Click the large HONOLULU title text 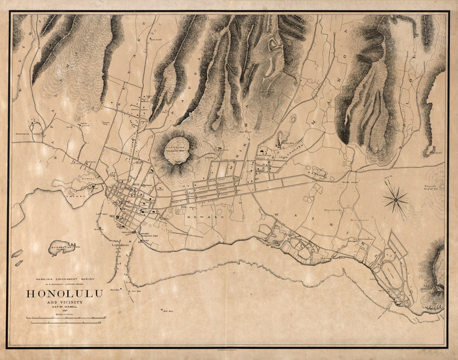(x=65, y=293)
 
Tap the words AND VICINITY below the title (x=65, y=302)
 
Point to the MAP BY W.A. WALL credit (x=65, y=307)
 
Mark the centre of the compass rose (x=396, y=199)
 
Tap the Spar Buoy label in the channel (x=136, y=291)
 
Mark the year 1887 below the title (x=65, y=310)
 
